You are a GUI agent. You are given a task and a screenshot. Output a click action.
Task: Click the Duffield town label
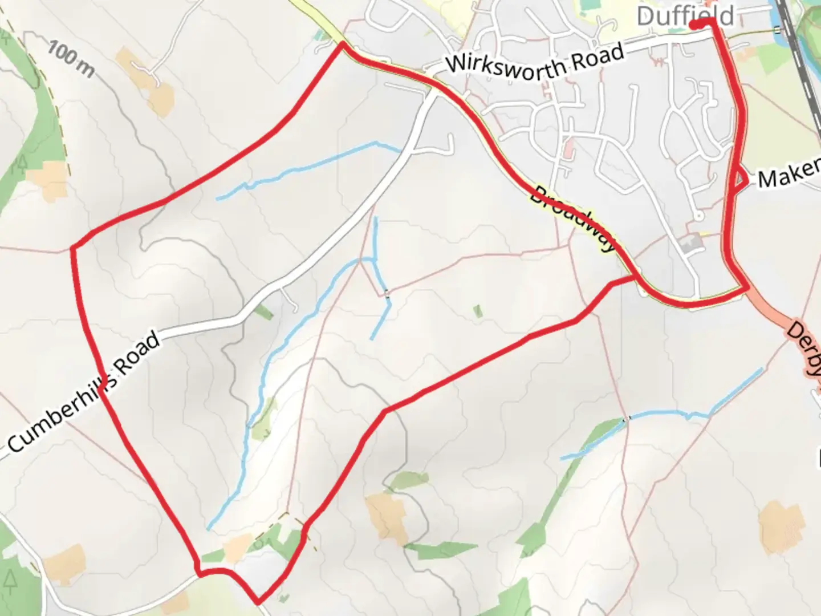coord(684,16)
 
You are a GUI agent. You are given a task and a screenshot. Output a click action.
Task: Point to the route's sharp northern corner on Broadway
coord(342,43)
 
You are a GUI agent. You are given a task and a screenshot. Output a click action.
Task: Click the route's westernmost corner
coord(72,248)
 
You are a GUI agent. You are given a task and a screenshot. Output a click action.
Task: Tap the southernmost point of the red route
coord(258,601)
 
